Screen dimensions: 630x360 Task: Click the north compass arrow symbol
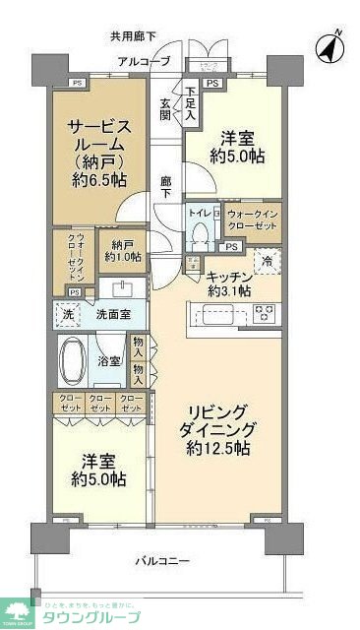coord(330,45)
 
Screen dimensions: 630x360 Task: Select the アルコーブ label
coord(144,62)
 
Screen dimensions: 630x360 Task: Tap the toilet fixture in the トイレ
coord(201,231)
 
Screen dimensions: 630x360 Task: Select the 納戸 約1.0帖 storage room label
coord(123,250)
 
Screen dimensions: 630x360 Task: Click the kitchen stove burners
coord(265,314)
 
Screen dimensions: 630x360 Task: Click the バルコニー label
coord(162,561)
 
